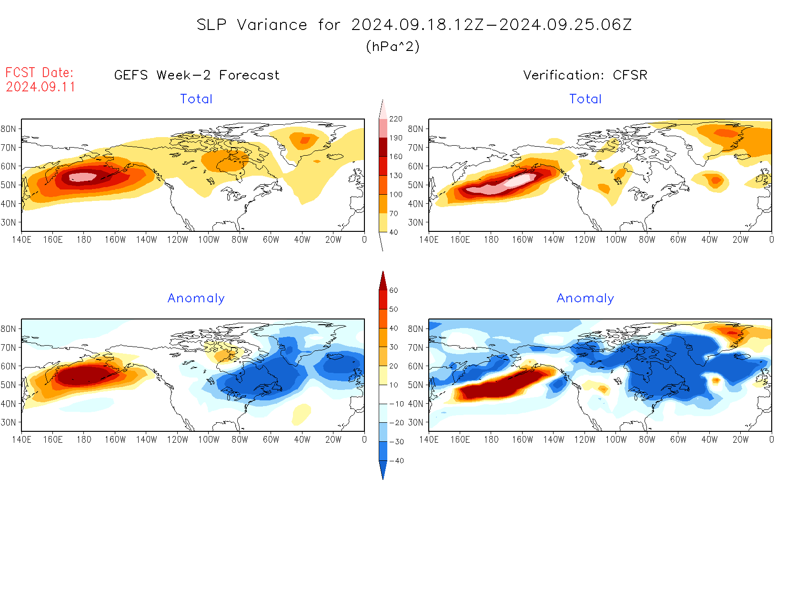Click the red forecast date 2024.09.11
[x=40, y=87]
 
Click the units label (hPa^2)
[x=393, y=46]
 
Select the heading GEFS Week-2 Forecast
[x=197, y=75]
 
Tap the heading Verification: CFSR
[x=585, y=75]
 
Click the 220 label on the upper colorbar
[x=395, y=119]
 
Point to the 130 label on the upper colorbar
[x=395, y=176]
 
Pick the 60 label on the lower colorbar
[x=393, y=290]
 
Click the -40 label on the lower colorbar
[x=396, y=461]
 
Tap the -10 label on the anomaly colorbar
[x=396, y=404]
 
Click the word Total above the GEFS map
[x=196, y=99]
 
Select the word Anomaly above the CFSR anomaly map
[x=585, y=299]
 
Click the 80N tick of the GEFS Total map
[x=9, y=129]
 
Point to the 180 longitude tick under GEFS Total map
[x=84, y=240]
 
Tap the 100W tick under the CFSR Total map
[x=615, y=240]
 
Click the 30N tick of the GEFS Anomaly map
[x=9, y=422]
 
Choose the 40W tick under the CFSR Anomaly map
[x=709, y=440]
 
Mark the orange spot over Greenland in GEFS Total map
[x=303, y=140]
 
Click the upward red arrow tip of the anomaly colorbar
[x=383, y=273]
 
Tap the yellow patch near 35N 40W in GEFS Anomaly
[x=302, y=413]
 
